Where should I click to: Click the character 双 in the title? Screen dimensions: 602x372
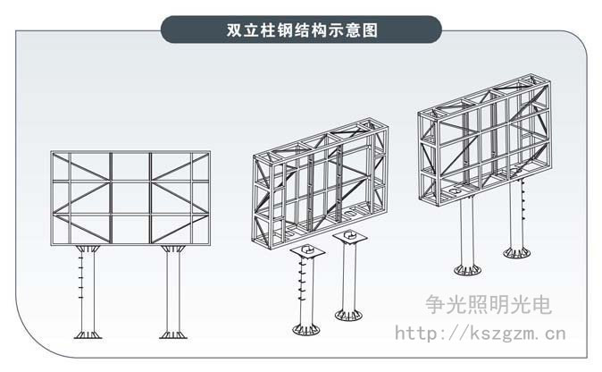coord(234,30)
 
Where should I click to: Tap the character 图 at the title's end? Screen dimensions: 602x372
coord(370,30)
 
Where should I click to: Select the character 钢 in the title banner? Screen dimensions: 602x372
coord(285,30)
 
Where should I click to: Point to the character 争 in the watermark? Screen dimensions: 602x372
coord(436,305)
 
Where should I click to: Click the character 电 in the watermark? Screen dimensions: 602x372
coord(541,305)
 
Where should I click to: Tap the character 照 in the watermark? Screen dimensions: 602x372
coord(478,305)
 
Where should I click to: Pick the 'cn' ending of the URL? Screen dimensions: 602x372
coord(556,334)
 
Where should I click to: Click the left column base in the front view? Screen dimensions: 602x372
coord(88,334)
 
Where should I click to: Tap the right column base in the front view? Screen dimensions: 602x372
coord(173,334)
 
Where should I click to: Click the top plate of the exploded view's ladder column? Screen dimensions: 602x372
coord(307,251)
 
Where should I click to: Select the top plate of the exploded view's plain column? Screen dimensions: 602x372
coord(350,236)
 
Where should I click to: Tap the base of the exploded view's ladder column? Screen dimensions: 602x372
coord(306,329)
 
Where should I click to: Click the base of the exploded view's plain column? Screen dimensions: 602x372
coord(348,315)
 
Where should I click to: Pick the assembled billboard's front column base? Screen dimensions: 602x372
coord(467,269)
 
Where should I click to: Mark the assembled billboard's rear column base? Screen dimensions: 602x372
coord(517,252)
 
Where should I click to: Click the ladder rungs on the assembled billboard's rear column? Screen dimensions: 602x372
coord(523,200)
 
